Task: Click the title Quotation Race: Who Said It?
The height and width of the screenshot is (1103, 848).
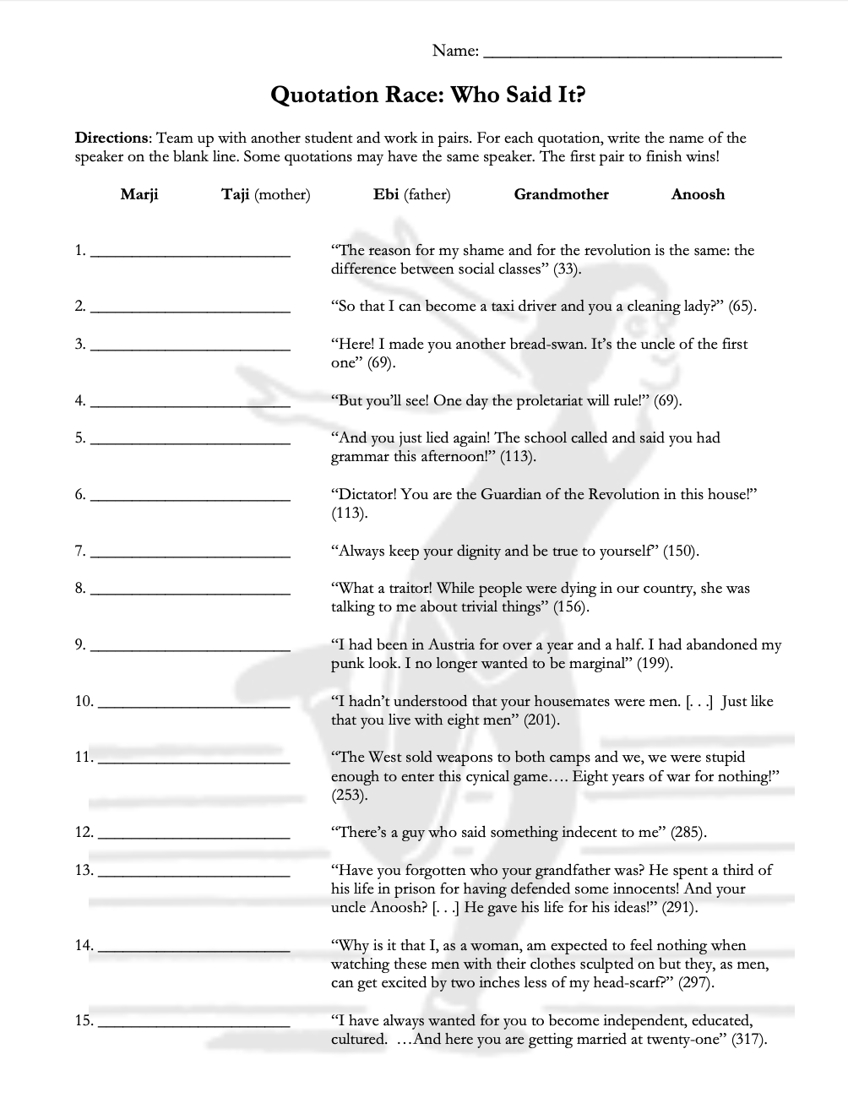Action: [x=427, y=95]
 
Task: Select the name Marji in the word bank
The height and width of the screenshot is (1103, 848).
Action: [x=139, y=194]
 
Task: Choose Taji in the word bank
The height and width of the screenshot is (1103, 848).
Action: [x=235, y=194]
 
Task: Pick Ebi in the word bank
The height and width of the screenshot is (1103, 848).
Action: [x=386, y=194]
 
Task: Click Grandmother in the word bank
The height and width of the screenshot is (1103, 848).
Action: [x=561, y=194]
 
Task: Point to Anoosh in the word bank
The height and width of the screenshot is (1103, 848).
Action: [x=698, y=194]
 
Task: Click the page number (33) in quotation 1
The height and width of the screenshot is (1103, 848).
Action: [x=567, y=269]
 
